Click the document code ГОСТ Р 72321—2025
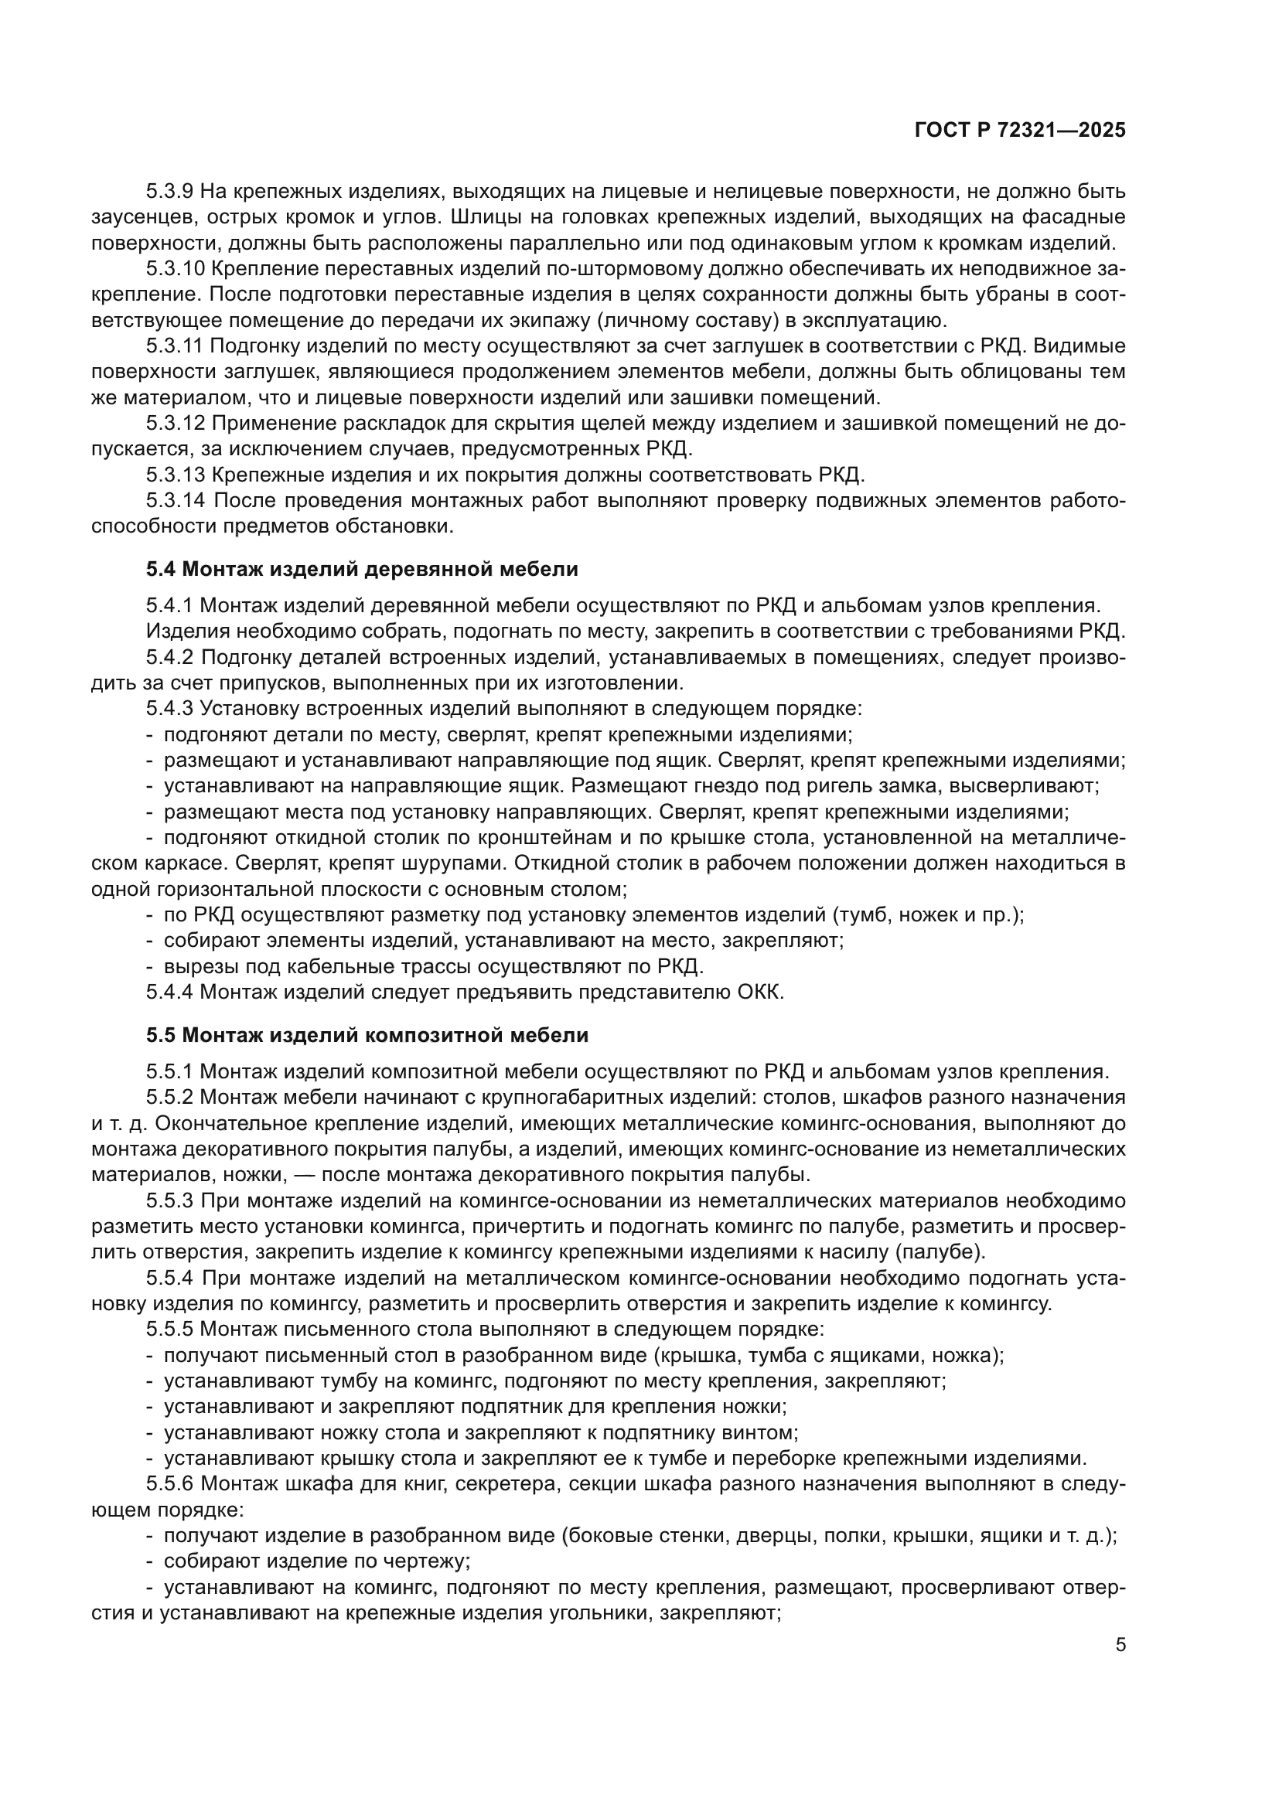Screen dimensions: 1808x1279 click(x=1020, y=131)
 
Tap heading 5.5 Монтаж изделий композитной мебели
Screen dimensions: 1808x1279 click(x=367, y=1035)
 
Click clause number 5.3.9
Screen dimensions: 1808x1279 click(x=170, y=192)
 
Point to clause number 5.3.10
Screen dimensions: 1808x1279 click(x=176, y=268)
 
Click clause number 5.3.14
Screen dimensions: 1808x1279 click(x=176, y=501)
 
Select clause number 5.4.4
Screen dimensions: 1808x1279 click(x=170, y=992)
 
